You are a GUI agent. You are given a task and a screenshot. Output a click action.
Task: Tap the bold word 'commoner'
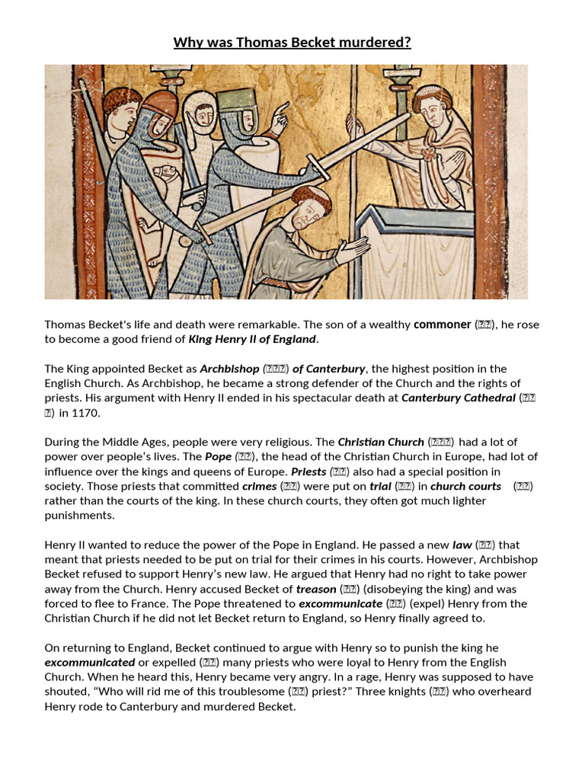coord(442,324)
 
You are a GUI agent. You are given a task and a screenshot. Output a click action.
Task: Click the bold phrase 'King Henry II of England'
coord(252,339)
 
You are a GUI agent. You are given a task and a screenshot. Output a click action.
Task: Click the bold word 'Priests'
coord(308,472)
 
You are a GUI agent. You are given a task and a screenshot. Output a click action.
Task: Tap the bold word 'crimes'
coord(259,487)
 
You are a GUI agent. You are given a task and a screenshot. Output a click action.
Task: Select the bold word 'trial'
coord(380,487)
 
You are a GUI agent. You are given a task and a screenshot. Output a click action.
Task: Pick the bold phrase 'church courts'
coord(465,487)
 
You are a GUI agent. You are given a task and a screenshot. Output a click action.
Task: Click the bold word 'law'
coord(462,545)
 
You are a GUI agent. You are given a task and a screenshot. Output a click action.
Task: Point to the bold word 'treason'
coord(316,589)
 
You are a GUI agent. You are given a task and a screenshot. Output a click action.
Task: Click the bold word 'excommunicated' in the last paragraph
coord(90,663)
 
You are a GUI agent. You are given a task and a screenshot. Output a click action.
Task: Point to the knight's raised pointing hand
coord(280,113)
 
